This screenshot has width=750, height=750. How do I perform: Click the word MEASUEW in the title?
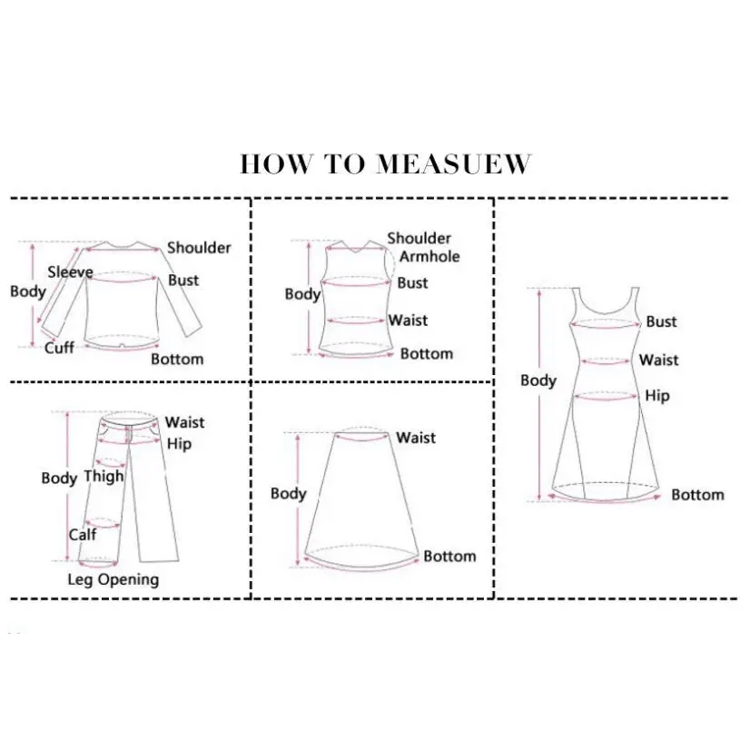[453, 164]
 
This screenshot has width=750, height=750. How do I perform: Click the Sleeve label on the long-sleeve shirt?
[70, 272]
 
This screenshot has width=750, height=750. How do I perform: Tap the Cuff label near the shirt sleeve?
[59, 348]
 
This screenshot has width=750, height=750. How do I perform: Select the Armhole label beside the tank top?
[429, 257]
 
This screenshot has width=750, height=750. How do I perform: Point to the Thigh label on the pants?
[104, 477]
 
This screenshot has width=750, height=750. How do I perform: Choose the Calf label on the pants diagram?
[83, 534]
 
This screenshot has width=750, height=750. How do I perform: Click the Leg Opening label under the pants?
[113, 579]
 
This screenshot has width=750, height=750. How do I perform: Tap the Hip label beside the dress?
[657, 396]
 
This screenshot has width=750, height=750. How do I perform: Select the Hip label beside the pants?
[180, 444]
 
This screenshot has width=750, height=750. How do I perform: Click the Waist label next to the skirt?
[416, 438]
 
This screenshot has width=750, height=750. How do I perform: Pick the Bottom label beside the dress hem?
[698, 495]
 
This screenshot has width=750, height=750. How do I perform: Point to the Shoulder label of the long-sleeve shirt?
[199, 248]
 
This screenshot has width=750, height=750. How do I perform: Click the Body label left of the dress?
[538, 380]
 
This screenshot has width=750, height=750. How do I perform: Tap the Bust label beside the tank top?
[412, 283]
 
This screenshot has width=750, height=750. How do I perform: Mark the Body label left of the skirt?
[289, 494]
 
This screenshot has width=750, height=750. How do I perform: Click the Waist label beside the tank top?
[408, 321]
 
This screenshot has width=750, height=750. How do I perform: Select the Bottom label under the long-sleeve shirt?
[177, 360]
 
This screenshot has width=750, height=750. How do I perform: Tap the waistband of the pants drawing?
[130, 421]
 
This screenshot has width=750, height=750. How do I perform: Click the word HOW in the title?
[275, 164]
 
